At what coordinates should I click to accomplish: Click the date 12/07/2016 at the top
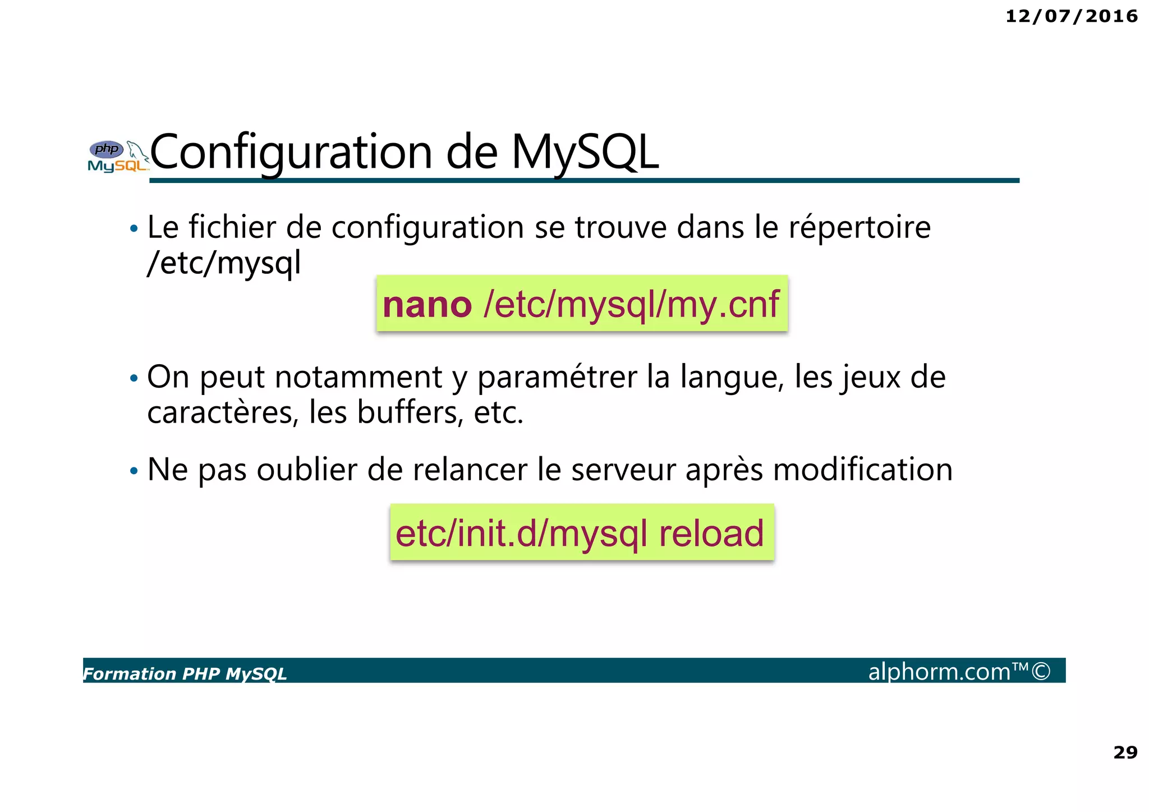pyautogui.click(x=1071, y=16)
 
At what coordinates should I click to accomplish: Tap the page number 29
pyautogui.click(x=1125, y=752)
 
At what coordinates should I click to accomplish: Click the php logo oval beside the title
pyautogui.click(x=107, y=149)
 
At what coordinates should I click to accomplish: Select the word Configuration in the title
pyautogui.click(x=291, y=152)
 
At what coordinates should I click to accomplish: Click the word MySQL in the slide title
pyautogui.click(x=585, y=152)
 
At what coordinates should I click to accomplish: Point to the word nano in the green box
pyautogui.click(x=427, y=305)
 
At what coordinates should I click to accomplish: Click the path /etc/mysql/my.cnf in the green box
pyautogui.click(x=631, y=305)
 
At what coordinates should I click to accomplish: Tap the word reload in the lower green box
pyautogui.click(x=711, y=533)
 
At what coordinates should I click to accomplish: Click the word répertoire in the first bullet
pyautogui.click(x=860, y=227)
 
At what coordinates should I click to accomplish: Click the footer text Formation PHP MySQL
pyautogui.click(x=185, y=673)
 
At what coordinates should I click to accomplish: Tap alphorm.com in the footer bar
pyautogui.click(x=939, y=671)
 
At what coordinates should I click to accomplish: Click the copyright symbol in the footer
pyautogui.click(x=1041, y=671)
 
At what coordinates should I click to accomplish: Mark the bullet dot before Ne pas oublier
pyautogui.click(x=134, y=471)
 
